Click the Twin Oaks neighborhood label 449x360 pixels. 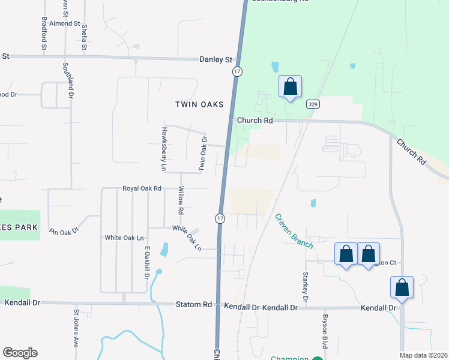(x=199, y=104)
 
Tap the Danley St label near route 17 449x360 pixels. (x=215, y=59)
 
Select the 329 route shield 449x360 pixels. (x=313, y=104)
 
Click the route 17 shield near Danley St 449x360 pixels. (x=238, y=71)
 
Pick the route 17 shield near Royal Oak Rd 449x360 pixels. (x=220, y=218)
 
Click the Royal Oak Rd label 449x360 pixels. (x=142, y=188)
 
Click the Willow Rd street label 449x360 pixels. (x=180, y=200)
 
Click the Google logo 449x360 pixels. (x=20, y=353)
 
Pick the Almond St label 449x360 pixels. (x=65, y=23)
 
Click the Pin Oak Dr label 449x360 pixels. (x=64, y=230)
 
